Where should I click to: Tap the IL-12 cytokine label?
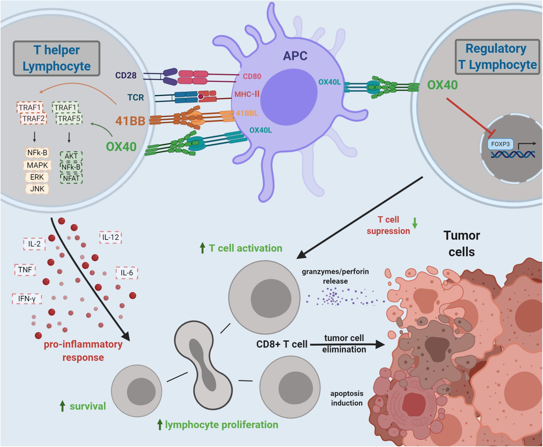point(111,237)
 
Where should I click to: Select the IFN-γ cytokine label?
point(27,298)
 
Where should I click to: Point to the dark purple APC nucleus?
point(289,92)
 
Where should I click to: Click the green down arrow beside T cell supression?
point(414,223)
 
